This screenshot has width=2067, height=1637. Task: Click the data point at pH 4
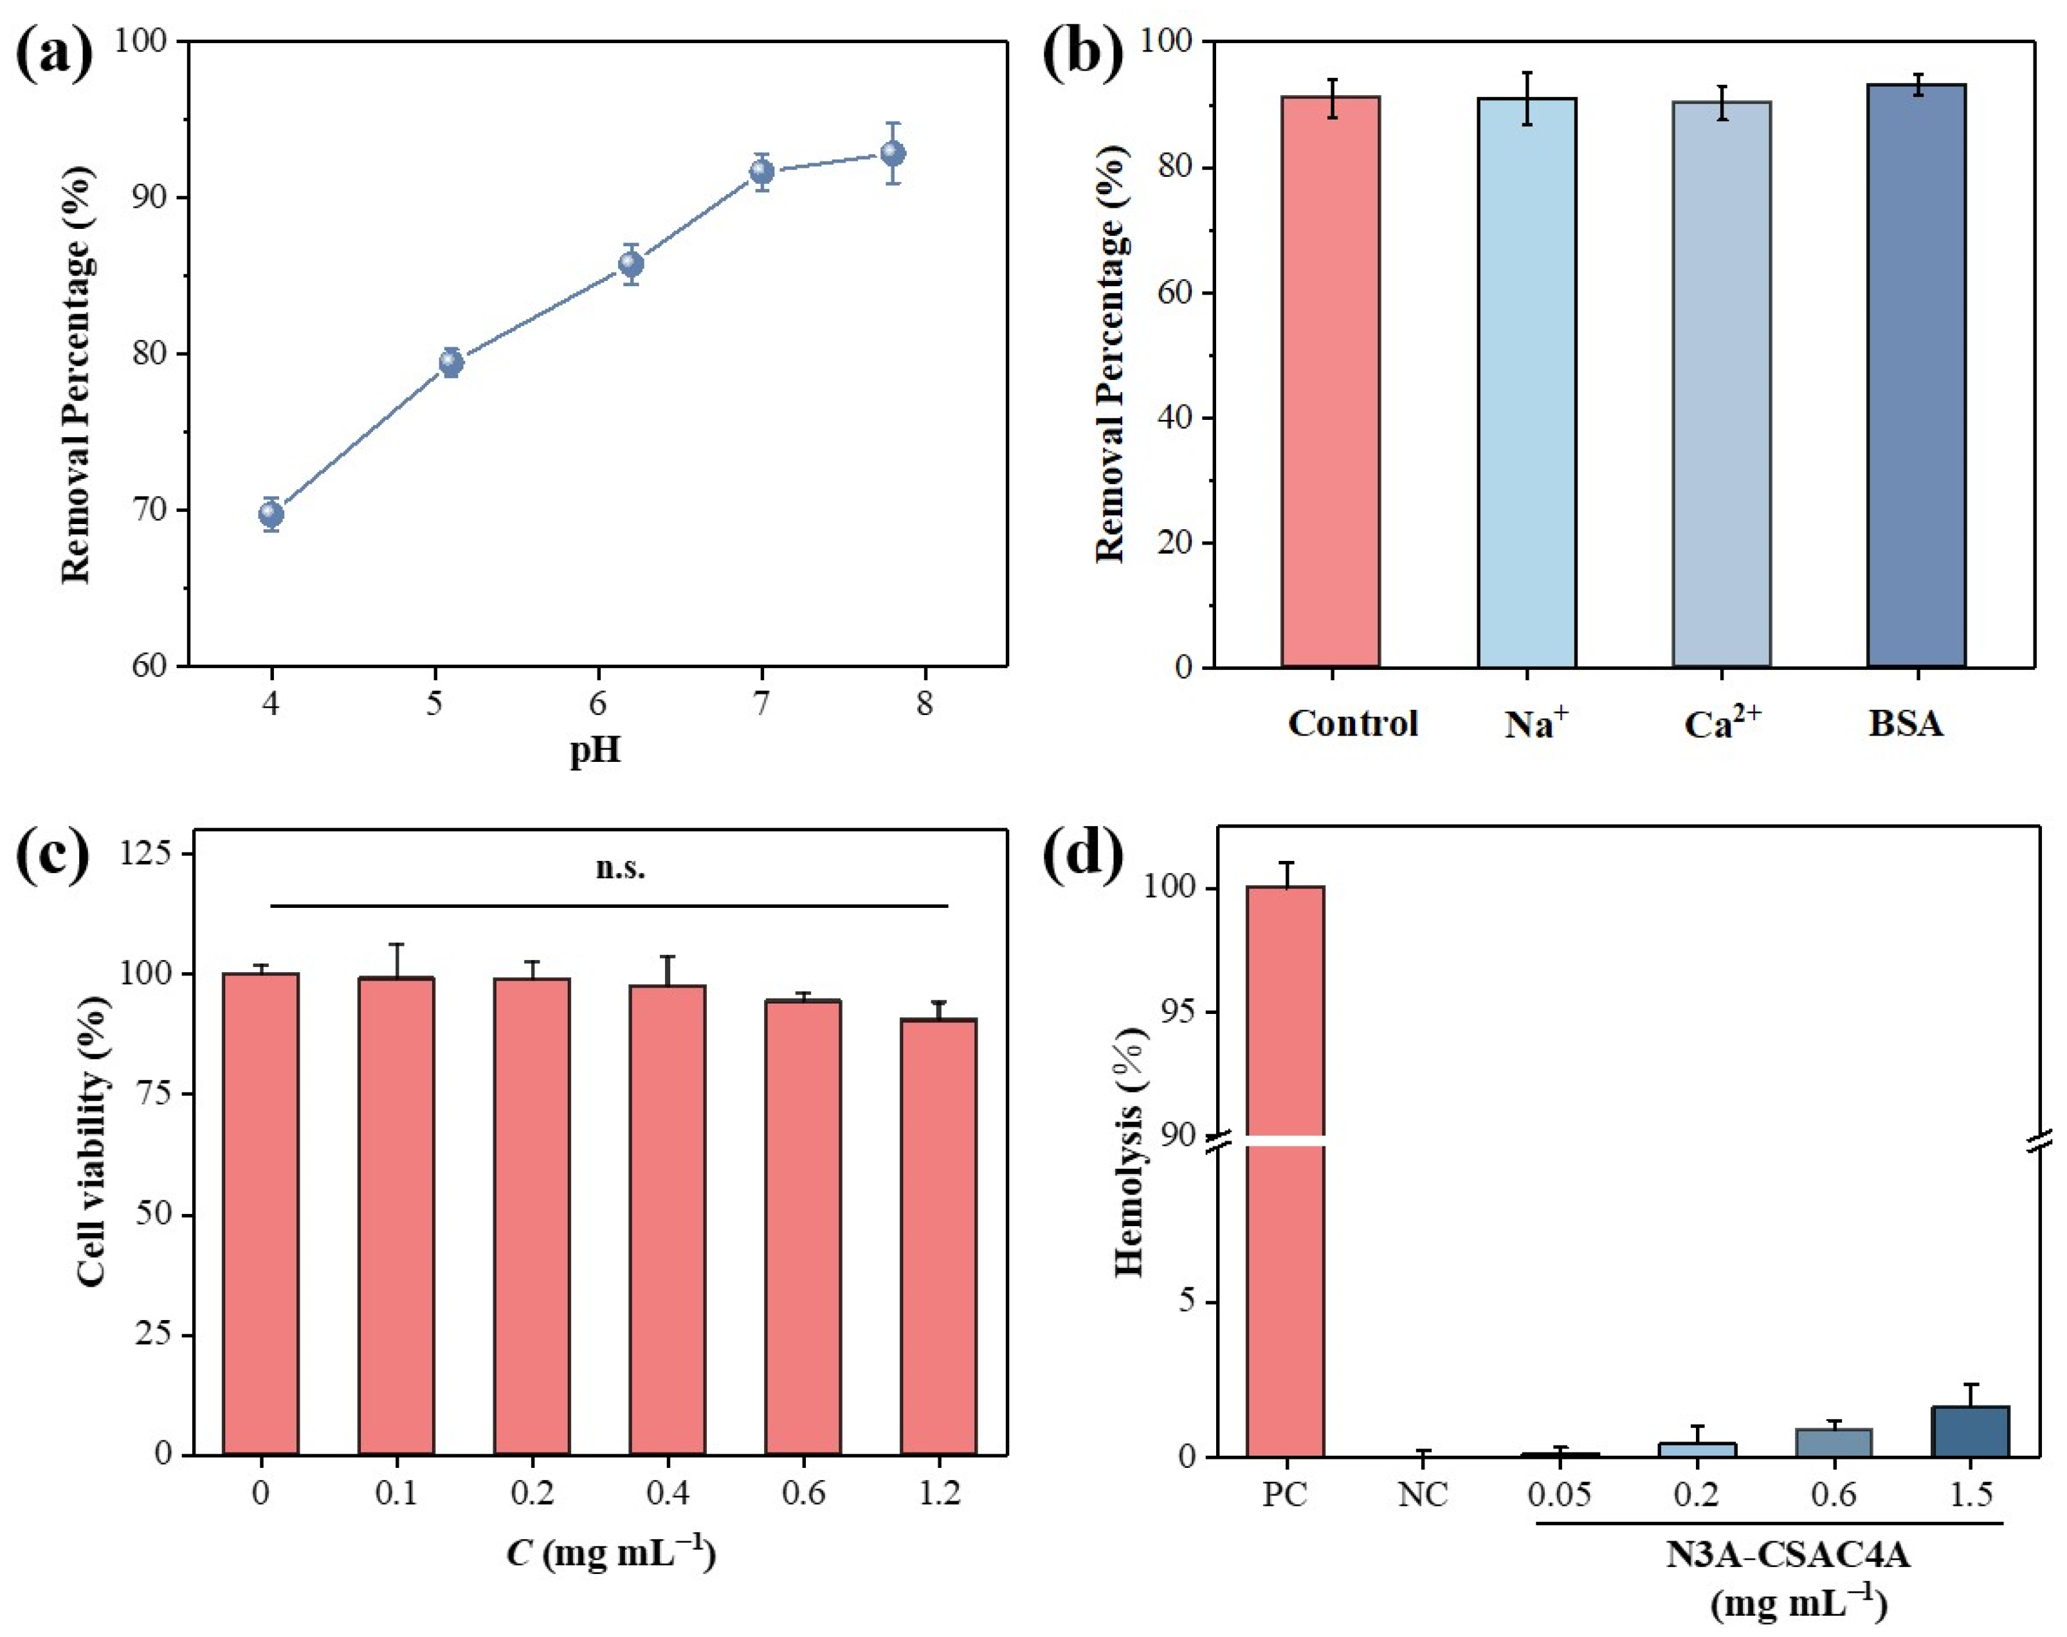[271, 514]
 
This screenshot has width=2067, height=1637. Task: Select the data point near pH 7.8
[893, 154]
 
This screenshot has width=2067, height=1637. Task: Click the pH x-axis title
[596, 750]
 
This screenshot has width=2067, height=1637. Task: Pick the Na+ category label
[1536, 723]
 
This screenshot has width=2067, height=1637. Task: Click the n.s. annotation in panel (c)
[620, 869]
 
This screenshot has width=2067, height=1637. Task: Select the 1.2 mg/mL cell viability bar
[938, 1237]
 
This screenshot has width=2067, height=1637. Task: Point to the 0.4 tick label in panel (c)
[668, 1493]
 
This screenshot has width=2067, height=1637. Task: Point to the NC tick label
[1422, 1494]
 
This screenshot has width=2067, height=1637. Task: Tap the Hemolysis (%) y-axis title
[1131, 1150]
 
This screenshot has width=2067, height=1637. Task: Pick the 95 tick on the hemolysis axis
[1169, 1012]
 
